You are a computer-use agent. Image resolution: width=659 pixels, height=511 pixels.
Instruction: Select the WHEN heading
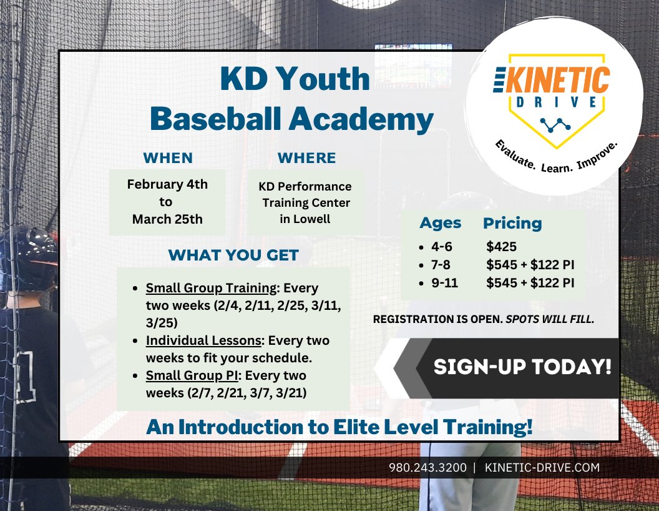(x=168, y=157)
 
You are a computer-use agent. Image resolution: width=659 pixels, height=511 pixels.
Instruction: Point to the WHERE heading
(x=306, y=157)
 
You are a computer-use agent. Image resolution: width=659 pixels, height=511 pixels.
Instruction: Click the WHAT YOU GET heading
(x=233, y=255)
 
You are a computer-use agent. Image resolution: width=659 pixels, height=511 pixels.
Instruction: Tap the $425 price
(x=501, y=247)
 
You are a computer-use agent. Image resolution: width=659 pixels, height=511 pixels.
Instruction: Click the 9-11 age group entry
(x=445, y=283)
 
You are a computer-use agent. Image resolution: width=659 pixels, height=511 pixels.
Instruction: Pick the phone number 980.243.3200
(x=427, y=467)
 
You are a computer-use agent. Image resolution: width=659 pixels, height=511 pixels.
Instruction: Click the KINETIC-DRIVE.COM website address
(x=542, y=467)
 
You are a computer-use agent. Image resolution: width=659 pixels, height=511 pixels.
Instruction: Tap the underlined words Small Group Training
(x=211, y=289)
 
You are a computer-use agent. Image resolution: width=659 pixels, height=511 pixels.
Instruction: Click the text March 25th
(x=167, y=219)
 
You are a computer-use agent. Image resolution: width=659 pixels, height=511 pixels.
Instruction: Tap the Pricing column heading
(x=512, y=223)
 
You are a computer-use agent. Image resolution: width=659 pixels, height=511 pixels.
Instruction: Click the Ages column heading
(x=440, y=223)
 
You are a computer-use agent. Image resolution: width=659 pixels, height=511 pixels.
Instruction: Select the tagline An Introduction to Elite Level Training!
(x=339, y=427)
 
